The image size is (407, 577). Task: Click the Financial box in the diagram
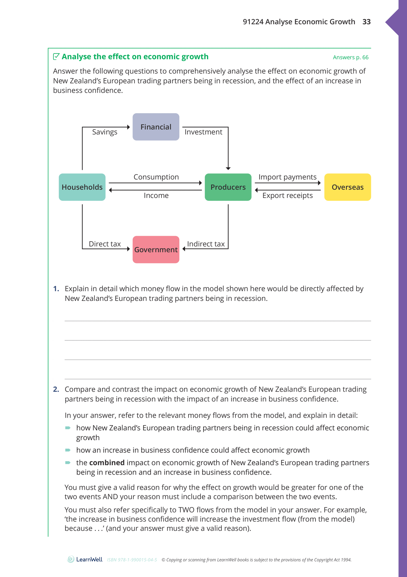tap(156, 127)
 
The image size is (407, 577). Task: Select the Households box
tap(82, 187)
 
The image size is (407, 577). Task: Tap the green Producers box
tap(228, 187)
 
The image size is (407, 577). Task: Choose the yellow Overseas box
tap(347, 187)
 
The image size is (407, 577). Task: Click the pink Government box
tap(156, 250)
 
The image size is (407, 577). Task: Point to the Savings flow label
tap(105, 132)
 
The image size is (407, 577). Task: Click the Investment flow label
tap(203, 132)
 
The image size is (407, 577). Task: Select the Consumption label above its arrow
tap(156, 177)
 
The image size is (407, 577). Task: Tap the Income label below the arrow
tap(156, 195)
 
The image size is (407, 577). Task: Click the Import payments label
tap(287, 177)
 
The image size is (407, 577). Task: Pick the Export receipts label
tap(287, 195)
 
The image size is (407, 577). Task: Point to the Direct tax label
tap(105, 244)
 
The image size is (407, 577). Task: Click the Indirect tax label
tap(206, 244)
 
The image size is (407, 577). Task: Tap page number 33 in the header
tap(366, 22)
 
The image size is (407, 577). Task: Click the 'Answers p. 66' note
tap(350, 57)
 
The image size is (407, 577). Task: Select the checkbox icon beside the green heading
tap(56, 56)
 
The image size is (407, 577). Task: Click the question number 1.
tap(56, 288)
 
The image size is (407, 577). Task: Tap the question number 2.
tap(56, 389)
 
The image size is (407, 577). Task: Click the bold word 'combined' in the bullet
tap(107, 463)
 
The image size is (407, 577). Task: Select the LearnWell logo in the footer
tap(85, 560)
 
